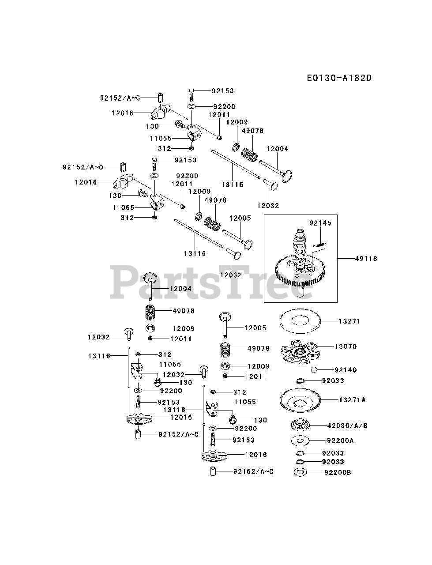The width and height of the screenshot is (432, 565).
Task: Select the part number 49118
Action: [366, 259]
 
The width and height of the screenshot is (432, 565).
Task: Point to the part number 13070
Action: [346, 347]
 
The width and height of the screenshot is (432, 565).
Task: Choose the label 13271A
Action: [352, 400]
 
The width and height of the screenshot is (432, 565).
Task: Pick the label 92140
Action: [346, 370]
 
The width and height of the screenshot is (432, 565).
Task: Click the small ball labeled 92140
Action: [314, 370]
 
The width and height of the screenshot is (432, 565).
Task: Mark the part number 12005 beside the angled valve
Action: [240, 218]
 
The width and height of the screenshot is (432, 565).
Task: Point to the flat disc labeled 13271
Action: [301, 321]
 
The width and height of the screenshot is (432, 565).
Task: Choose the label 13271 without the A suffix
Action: [349, 321]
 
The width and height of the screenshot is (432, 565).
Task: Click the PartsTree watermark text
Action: [215, 282]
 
